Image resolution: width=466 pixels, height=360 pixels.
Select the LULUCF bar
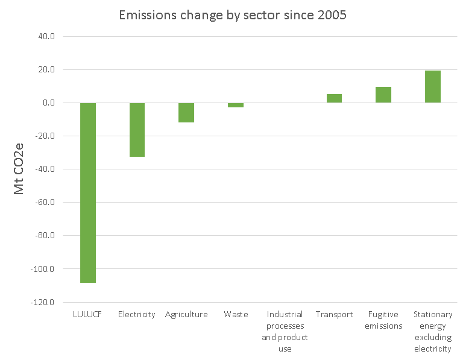click(x=88, y=192)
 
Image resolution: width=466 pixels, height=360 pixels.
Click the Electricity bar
click(x=137, y=130)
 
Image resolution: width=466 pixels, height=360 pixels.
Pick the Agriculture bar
click(x=186, y=113)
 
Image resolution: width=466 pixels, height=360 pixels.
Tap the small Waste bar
click(x=236, y=105)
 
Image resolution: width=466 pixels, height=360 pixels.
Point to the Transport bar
click(x=334, y=98)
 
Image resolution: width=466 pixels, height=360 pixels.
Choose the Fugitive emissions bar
click(x=383, y=95)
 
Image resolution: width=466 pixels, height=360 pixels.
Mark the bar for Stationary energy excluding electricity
click(x=433, y=87)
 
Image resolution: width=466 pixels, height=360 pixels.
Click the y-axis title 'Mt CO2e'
click(x=20, y=169)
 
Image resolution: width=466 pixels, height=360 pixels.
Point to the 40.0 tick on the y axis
click(x=46, y=36)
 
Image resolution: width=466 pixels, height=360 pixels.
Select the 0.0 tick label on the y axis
click(x=48, y=103)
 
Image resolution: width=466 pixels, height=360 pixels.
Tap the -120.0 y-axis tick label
click(x=43, y=302)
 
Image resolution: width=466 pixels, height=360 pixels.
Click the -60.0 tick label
click(x=45, y=203)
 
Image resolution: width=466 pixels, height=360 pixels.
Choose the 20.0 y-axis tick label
click(x=46, y=69)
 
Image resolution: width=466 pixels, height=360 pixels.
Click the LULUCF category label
click(x=88, y=315)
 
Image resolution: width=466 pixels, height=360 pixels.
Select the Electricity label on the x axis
click(x=137, y=315)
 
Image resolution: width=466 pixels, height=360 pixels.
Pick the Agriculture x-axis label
click(x=186, y=315)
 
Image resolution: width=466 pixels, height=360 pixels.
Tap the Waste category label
click(x=236, y=315)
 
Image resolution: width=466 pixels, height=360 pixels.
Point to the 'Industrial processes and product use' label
click(x=285, y=332)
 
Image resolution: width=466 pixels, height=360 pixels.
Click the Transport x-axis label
click(x=334, y=315)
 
